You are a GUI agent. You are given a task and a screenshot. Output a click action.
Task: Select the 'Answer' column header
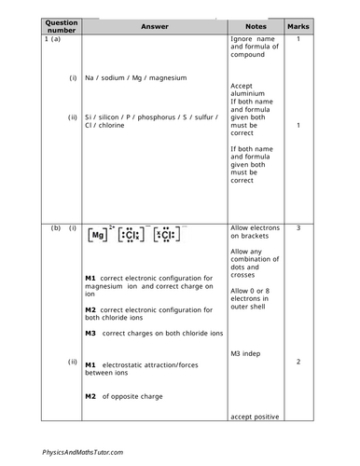click(154, 26)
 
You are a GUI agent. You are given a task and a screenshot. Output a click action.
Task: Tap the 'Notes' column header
click(255, 26)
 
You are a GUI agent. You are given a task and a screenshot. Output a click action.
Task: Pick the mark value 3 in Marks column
click(298, 227)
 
